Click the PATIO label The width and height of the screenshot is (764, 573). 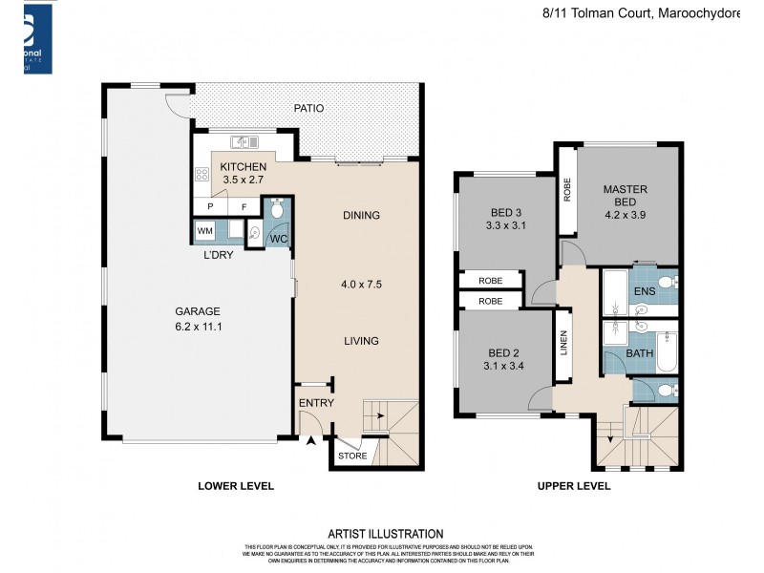(x=308, y=108)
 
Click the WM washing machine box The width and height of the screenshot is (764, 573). (x=204, y=231)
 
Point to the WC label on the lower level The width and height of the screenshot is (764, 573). (x=278, y=238)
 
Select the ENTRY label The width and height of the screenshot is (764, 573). (x=316, y=403)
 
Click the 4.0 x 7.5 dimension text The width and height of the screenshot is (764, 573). (x=361, y=284)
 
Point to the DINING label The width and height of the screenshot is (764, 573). (x=361, y=215)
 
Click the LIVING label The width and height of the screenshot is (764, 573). (x=361, y=341)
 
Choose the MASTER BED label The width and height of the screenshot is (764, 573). (x=626, y=196)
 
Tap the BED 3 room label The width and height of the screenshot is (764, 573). (x=506, y=212)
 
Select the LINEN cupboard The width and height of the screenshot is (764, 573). (x=564, y=342)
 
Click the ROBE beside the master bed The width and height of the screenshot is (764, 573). (x=566, y=189)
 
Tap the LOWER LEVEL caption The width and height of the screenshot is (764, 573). (x=236, y=486)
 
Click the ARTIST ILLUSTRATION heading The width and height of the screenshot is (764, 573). (x=385, y=534)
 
